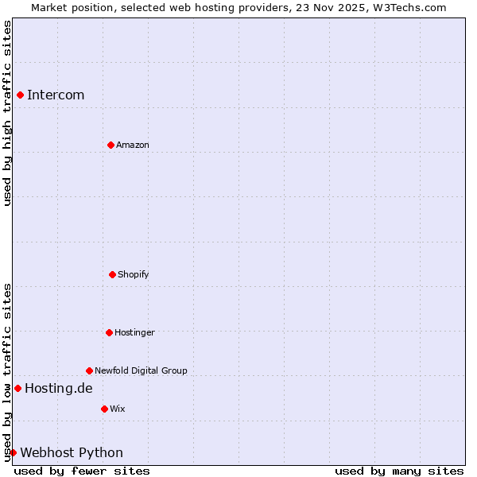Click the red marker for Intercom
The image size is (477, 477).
(x=20, y=95)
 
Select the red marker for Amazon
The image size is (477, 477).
(x=111, y=145)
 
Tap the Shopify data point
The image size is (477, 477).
(x=112, y=274)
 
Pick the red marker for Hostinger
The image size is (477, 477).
(x=109, y=332)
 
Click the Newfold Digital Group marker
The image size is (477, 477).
(x=89, y=370)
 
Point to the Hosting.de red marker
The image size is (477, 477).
(x=17, y=388)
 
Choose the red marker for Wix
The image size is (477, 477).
(x=104, y=409)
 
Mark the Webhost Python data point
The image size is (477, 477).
(x=13, y=452)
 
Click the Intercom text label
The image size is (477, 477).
(x=56, y=95)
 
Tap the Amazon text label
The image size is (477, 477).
(x=133, y=145)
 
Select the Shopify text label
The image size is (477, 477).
(x=134, y=274)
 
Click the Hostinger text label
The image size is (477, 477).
(x=134, y=332)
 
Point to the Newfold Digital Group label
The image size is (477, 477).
(x=141, y=370)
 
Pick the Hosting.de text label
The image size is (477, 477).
(x=59, y=388)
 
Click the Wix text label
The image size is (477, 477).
(x=118, y=409)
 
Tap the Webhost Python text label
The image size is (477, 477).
(x=72, y=452)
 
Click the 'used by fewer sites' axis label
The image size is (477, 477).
(x=82, y=471)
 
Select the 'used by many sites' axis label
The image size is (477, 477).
(x=399, y=471)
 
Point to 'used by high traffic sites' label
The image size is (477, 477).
(x=7, y=113)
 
